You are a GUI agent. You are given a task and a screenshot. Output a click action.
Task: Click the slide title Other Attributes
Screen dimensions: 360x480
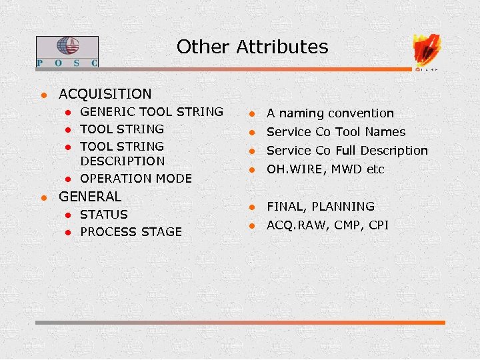(x=252, y=47)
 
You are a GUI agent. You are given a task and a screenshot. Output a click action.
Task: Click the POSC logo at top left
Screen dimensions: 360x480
(x=67, y=52)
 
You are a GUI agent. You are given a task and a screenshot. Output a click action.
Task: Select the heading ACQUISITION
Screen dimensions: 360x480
(x=105, y=94)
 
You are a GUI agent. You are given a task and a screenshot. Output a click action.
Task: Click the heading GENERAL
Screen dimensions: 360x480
(x=90, y=197)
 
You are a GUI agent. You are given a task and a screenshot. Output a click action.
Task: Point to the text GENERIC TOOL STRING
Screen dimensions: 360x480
(x=151, y=112)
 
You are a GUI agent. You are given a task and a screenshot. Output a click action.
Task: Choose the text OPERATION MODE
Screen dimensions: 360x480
(x=135, y=178)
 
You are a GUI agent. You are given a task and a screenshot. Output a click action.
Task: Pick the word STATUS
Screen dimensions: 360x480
(x=103, y=214)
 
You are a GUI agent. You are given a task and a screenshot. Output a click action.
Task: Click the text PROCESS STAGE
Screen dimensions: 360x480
(x=131, y=231)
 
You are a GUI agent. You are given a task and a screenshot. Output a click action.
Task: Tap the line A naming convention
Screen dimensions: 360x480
(x=330, y=113)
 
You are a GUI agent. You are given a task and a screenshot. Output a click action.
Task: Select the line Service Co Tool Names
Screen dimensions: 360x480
(x=336, y=132)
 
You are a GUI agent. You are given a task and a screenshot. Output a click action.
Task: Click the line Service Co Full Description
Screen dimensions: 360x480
(x=347, y=151)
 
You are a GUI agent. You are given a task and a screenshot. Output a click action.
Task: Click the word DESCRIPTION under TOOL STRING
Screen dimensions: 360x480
(x=122, y=161)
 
